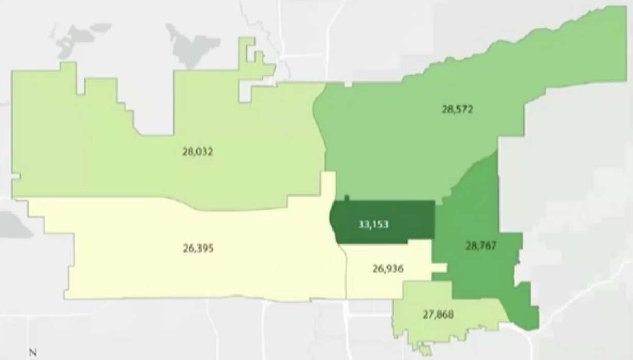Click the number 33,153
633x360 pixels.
point(373,224)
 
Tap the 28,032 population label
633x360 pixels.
point(197,152)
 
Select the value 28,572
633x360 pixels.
point(457,109)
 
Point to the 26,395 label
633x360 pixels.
point(197,248)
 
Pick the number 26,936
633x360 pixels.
point(388,269)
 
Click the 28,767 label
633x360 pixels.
point(481,246)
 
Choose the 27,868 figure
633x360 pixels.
point(438,314)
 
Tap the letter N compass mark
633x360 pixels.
point(32,353)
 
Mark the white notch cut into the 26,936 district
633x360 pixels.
point(439,268)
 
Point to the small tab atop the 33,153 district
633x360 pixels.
point(347,198)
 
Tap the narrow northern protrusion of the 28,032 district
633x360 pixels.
point(247,52)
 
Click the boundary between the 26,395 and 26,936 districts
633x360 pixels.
point(346,273)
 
